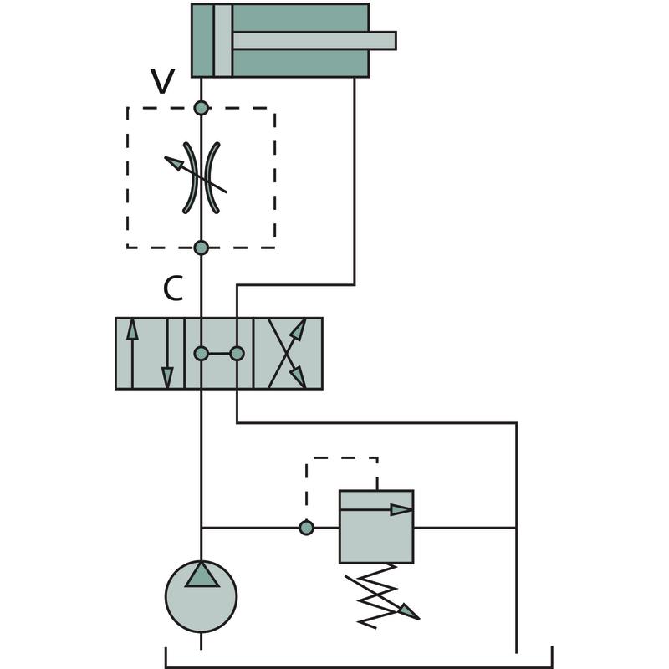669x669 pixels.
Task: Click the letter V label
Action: point(163,81)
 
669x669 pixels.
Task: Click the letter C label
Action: point(172,289)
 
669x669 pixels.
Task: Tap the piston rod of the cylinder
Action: point(314,40)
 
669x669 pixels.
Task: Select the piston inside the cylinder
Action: point(222,40)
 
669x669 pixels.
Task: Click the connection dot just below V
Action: point(201,108)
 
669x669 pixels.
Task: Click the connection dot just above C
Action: point(201,248)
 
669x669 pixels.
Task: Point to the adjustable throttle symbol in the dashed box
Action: point(202,176)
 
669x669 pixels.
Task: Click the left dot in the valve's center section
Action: point(201,354)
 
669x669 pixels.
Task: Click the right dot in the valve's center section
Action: point(237,354)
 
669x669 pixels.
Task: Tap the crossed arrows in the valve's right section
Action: point(288,354)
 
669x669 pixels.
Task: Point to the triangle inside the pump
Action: point(201,575)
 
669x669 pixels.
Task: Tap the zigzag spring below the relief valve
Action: point(380,594)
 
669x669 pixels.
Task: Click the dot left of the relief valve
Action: point(306,528)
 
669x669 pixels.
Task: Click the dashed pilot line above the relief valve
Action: point(341,458)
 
